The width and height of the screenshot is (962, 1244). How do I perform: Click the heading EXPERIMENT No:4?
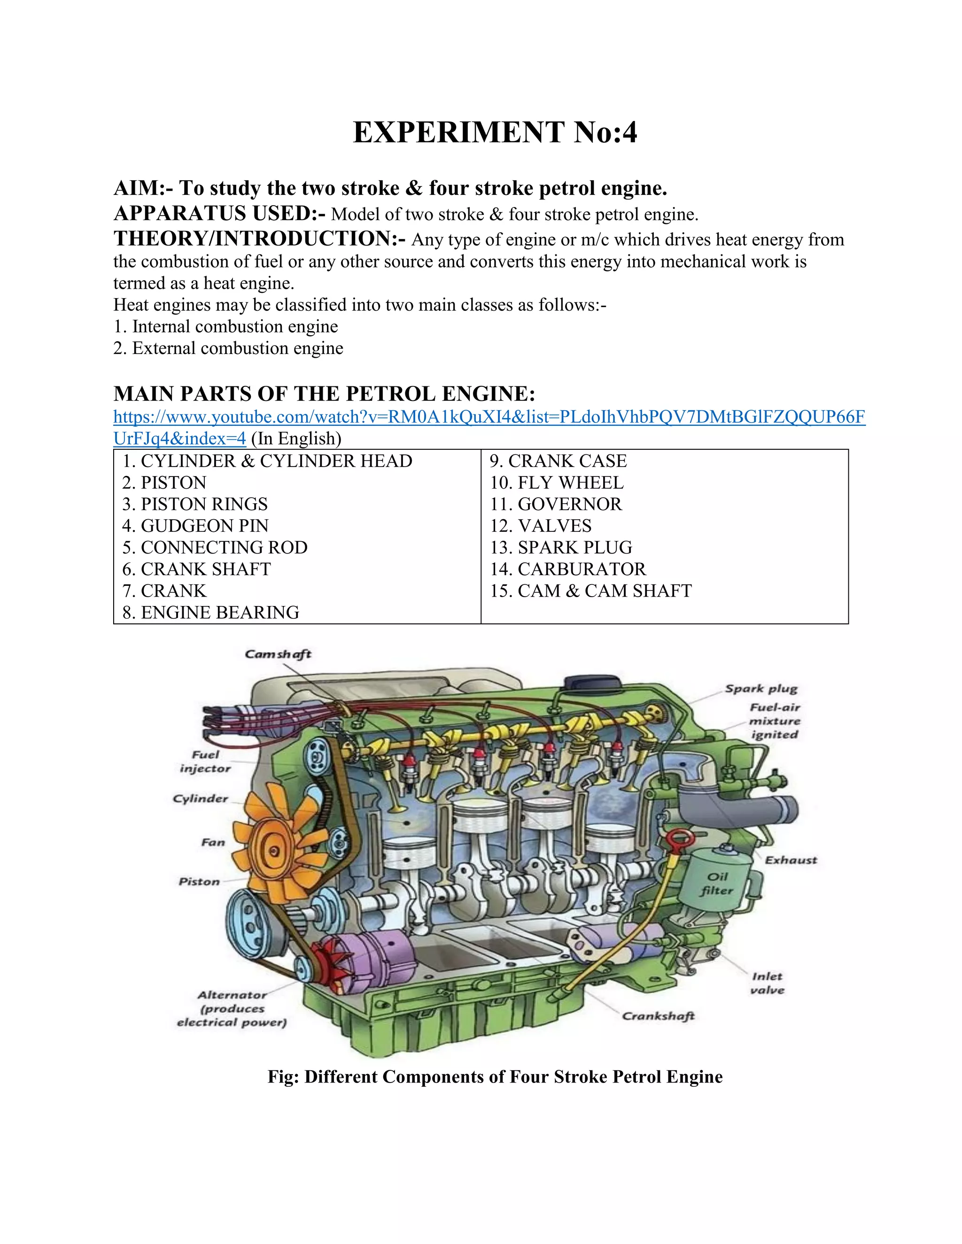pyautogui.click(x=495, y=132)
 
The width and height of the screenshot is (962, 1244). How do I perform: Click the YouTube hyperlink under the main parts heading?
pyautogui.click(x=489, y=417)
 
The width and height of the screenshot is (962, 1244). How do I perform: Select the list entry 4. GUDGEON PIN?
pyautogui.click(x=195, y=526)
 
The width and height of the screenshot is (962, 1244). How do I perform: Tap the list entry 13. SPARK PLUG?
pyautogui.click(x=561, y=547)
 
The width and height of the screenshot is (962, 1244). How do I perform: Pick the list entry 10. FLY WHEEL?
pyautogui.click(x=557, y=483)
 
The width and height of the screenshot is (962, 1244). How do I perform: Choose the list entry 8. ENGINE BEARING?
pyautogui.click(x=210, y=612)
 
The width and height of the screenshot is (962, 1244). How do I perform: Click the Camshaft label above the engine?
pyautogui.click(x=278, y=654)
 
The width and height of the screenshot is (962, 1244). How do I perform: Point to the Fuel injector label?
pyautogui.click(x=205, y=761)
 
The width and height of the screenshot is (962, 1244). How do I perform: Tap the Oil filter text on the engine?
pyautogui.click(x=717, y=883)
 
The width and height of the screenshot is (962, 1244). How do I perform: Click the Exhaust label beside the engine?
pyautogui.click(x=791, y=860)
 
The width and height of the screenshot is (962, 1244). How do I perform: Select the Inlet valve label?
pyautogui.click(x=767, y=983)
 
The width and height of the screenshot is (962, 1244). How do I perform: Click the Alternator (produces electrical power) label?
pyautogui.click(x=232, y=1009)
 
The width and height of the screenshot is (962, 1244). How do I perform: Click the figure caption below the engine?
pyautogui.click(x=495, y=1077)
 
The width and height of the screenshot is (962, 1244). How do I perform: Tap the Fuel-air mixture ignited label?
pyautogui.click(x=775, y=721)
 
